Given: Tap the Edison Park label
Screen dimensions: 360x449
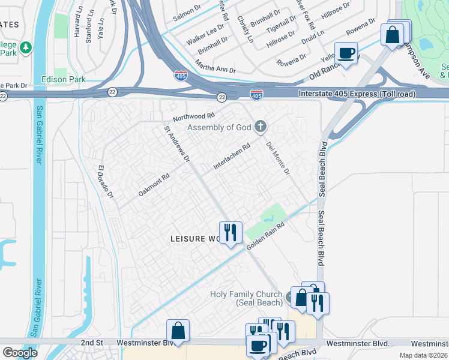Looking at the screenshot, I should pos(63,79).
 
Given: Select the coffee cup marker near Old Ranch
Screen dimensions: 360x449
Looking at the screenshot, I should pos(346,53).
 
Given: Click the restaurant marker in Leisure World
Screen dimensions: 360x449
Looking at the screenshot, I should pos(231,232).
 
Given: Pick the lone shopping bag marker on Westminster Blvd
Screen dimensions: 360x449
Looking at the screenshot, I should pos(178,331).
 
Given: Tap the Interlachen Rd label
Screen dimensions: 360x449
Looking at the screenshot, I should pos(232,156).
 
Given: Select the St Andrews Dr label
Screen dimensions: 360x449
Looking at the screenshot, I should pos(178,144).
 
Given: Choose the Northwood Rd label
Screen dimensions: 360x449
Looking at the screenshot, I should pos(193,116).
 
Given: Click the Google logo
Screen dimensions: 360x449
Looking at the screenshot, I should pos(20,352).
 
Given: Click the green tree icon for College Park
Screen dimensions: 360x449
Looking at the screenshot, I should pos(25,47).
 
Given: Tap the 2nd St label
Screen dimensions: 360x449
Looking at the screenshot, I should pos(94,343).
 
